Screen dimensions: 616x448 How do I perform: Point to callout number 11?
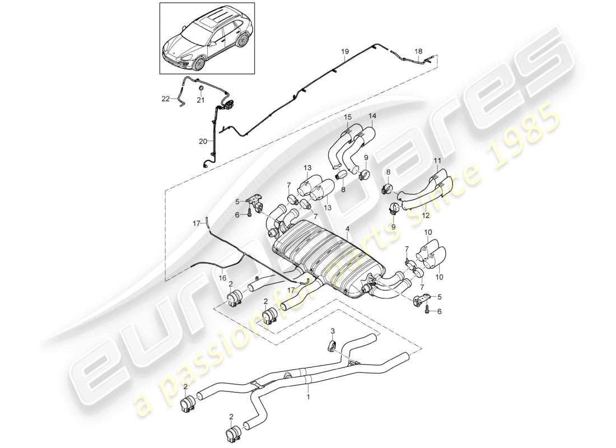437,161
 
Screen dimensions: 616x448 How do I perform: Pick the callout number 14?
372,116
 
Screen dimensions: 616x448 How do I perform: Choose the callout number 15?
347,117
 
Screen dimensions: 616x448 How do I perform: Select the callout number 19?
346,52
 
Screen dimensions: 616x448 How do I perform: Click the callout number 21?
200,100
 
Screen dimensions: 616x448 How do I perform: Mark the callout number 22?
166,99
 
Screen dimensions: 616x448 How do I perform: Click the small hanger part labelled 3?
331,345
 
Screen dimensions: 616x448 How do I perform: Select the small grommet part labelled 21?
200,88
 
